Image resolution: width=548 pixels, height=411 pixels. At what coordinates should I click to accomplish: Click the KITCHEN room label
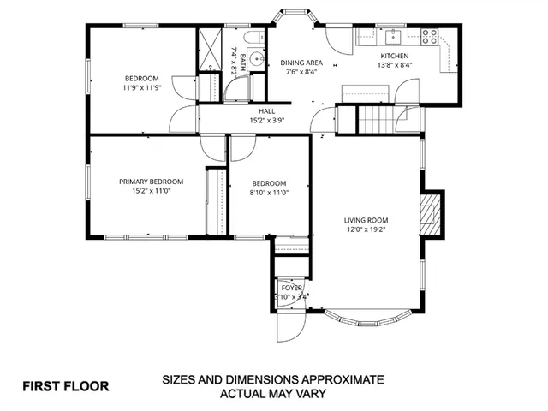(394, 56)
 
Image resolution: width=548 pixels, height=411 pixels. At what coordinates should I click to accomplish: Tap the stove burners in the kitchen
(430, 36)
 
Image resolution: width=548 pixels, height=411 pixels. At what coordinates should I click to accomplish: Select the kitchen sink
(393, 36)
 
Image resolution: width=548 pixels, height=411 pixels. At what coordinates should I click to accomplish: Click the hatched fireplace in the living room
(431, 214)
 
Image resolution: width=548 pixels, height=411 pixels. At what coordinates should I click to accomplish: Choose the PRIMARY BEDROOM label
(151, 182)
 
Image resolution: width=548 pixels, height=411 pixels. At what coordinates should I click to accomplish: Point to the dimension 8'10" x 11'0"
(268, 193)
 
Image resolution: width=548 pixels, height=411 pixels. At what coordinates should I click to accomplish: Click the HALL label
(267, 111)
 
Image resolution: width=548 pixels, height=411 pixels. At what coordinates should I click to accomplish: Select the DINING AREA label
(302, 63)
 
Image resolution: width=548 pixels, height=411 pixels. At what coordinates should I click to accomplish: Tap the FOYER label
(291, 288)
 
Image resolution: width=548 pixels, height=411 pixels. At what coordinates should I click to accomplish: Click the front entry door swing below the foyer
(294, 322)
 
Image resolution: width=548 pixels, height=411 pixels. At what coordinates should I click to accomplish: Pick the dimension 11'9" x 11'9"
(141, 87)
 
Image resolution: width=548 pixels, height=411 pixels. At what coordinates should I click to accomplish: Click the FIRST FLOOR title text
(66, 385)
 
